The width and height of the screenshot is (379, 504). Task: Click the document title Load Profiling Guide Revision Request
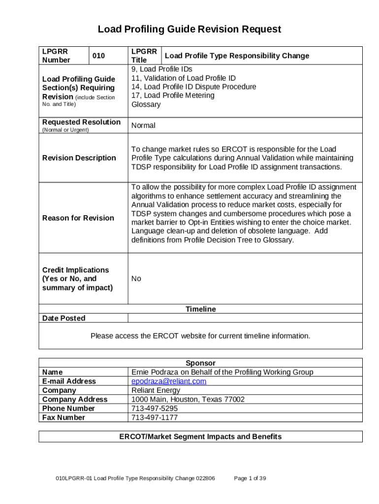[x=189, y=29]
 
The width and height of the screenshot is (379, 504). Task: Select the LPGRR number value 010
[x=99, y=56]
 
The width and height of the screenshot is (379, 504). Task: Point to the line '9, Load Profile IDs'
[x=161, y=69]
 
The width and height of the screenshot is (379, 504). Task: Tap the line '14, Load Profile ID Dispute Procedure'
[x=193, y=87]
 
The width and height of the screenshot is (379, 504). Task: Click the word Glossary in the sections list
[x=146, y=104]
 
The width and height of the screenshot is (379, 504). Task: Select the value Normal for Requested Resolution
[x=143, y=126]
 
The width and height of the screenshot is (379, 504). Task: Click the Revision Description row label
[x=79, y=158]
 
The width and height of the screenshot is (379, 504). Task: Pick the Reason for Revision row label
[x=78, y=218]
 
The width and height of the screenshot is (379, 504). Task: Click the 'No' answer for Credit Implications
[x=136, y=279]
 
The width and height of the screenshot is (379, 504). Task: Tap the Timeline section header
[x=200, y=309]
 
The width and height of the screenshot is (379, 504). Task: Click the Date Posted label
[x=64, y=318]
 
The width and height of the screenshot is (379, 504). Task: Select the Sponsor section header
[x=200, y=363]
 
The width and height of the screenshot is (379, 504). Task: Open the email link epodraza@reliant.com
[x=169, y=381]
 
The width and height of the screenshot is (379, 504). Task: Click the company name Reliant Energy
[x=156, y=390]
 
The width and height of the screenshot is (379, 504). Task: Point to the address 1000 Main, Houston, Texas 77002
[x=188, y=399]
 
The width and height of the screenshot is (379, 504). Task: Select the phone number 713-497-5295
[x=155, y=409]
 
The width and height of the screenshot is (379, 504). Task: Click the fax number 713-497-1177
[x=155, y=417]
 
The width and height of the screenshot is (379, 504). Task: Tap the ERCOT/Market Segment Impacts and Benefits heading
[x=200, y=437]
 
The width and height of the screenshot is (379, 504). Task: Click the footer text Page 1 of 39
[x=250, y=478]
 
